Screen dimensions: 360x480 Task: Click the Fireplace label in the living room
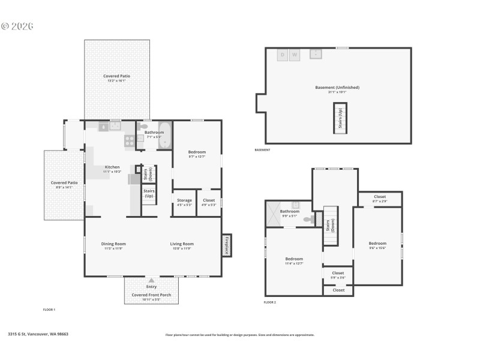tap(226, 245)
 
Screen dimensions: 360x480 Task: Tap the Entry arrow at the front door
tap(151, 280)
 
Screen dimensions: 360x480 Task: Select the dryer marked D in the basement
tap(282, 55)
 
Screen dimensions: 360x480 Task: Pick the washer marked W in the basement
tap(294, 55)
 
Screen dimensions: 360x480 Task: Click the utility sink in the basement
tap(316, 54)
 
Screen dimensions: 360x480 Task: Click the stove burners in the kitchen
tap(130, 140)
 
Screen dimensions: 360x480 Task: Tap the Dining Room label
tap(113, 244)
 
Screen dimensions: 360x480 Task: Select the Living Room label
tap(182, 244)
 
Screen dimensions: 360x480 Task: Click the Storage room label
tap(184, 200)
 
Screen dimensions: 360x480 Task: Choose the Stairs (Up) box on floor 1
tap(148, 193)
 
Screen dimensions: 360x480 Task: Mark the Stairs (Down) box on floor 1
tap(149, 174)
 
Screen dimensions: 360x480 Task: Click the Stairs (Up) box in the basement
tap(340, 118)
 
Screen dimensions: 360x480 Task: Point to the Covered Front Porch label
tap(151, 295)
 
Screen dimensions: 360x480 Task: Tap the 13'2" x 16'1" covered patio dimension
tap(116, 80)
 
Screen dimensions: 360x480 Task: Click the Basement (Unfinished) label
tap(337, 88)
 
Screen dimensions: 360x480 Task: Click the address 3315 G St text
tap(38, 334)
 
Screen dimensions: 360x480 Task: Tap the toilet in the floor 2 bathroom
tap(308, 220)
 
